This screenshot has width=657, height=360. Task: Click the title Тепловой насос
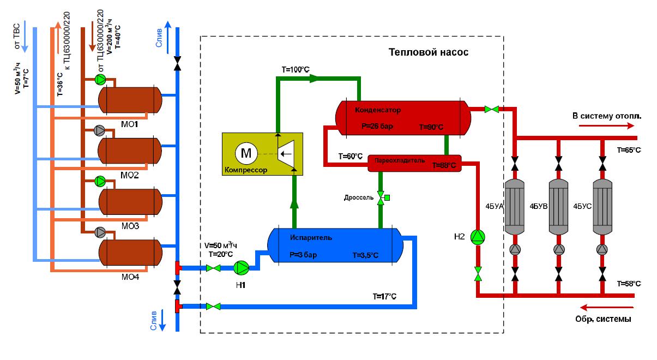(x=428, y=52)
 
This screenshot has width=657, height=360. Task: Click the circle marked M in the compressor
(x=246, y=153)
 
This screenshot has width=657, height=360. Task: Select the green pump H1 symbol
(x=241, y=267)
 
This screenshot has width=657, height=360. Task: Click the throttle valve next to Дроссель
(x=381, y=197)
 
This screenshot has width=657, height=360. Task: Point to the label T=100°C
(x=295, y=70)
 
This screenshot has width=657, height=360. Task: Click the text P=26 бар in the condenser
(x=377, y=126)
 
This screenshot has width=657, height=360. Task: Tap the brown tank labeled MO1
(x=130, y=99)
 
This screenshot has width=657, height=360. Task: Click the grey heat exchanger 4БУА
(x=515, y=207)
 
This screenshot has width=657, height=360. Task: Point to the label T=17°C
(x=384, y=296)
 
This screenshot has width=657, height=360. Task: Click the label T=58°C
(x=629, y=284)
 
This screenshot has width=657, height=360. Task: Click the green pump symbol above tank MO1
(x=101, y=80)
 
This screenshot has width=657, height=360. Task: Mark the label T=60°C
(x=350, y=157)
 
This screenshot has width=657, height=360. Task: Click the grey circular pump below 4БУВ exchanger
(x=559, y=250)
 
